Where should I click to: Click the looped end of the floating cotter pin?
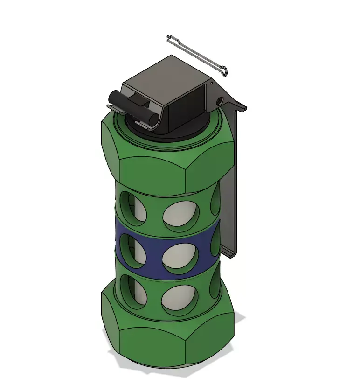pos(225,71)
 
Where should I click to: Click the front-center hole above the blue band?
pos(181,214)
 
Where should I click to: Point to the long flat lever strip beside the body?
pos(231,187)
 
